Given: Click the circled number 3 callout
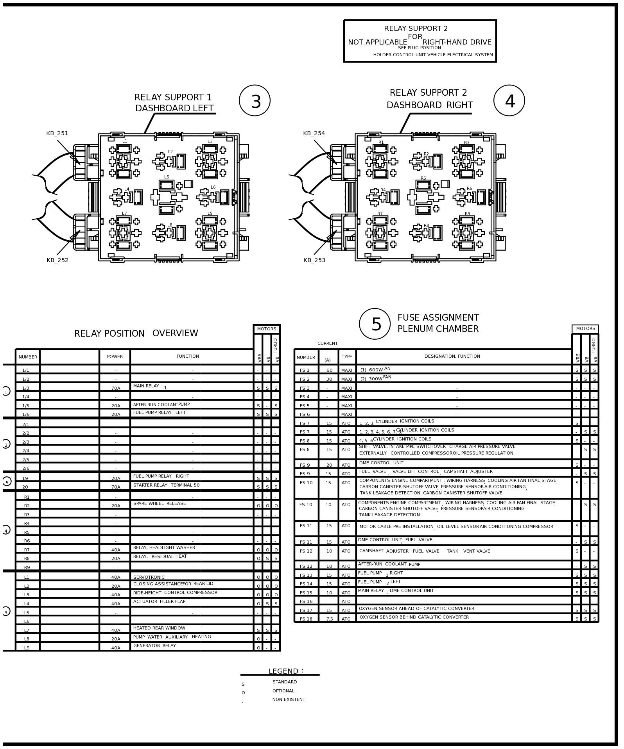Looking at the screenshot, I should click(255, 101).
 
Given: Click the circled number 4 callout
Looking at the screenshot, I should click(509, 101).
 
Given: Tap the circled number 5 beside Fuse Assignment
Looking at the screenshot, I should click(375, 324).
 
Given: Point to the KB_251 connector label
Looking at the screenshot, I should click(57, 134).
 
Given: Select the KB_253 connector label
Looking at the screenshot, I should click(314, 260).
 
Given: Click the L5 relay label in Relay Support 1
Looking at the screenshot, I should click(167, 177).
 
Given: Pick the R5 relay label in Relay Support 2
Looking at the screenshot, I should click(423, 178).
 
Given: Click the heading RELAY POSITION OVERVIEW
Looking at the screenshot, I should click(136, 333).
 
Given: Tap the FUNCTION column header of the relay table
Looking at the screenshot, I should click(188, 356).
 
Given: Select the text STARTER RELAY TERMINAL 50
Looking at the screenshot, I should click(166, 485).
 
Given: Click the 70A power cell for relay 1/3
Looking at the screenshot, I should click(116, 388).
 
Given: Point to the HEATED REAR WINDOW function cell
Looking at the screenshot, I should click(159, 628).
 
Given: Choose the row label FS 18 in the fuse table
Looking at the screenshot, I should click(306, 619).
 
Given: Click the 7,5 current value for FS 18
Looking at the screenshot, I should click(329, 619).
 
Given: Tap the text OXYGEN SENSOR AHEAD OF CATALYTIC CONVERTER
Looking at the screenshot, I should click(416, 608).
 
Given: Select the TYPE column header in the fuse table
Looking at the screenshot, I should click(347, 357).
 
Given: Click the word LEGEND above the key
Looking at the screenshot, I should click(283, 671).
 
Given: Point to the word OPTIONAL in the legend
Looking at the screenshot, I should click(283, 691).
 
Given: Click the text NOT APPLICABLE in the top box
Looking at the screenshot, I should click(377, 42).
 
